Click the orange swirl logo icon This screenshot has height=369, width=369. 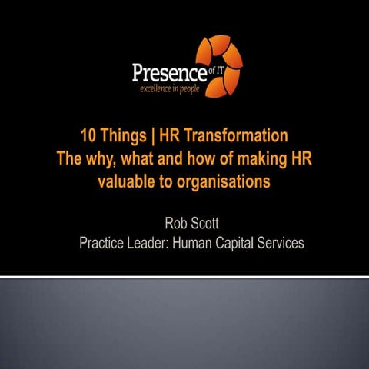(x=218, y=61)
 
